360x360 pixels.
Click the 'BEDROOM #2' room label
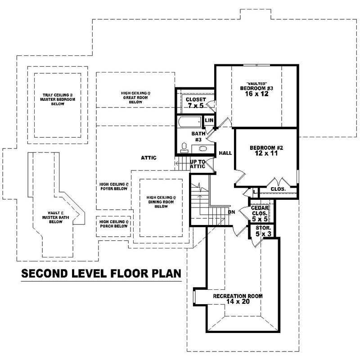(266, 148)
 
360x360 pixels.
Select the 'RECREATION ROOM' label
(238, 296)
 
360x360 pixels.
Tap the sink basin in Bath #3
(202, 148)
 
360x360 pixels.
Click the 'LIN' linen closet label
(209, 121)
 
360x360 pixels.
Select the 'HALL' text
(225, 153)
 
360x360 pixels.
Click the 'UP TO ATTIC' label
(198, 164)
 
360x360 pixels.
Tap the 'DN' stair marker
(232, 212)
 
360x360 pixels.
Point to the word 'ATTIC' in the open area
(148, 158)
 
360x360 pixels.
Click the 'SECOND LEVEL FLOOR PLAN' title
(101, 273)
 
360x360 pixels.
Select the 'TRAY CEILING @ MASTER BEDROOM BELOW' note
(58, 99)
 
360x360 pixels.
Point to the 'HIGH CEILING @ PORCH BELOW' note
(114, 224)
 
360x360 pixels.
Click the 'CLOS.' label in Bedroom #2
(278, 189)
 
